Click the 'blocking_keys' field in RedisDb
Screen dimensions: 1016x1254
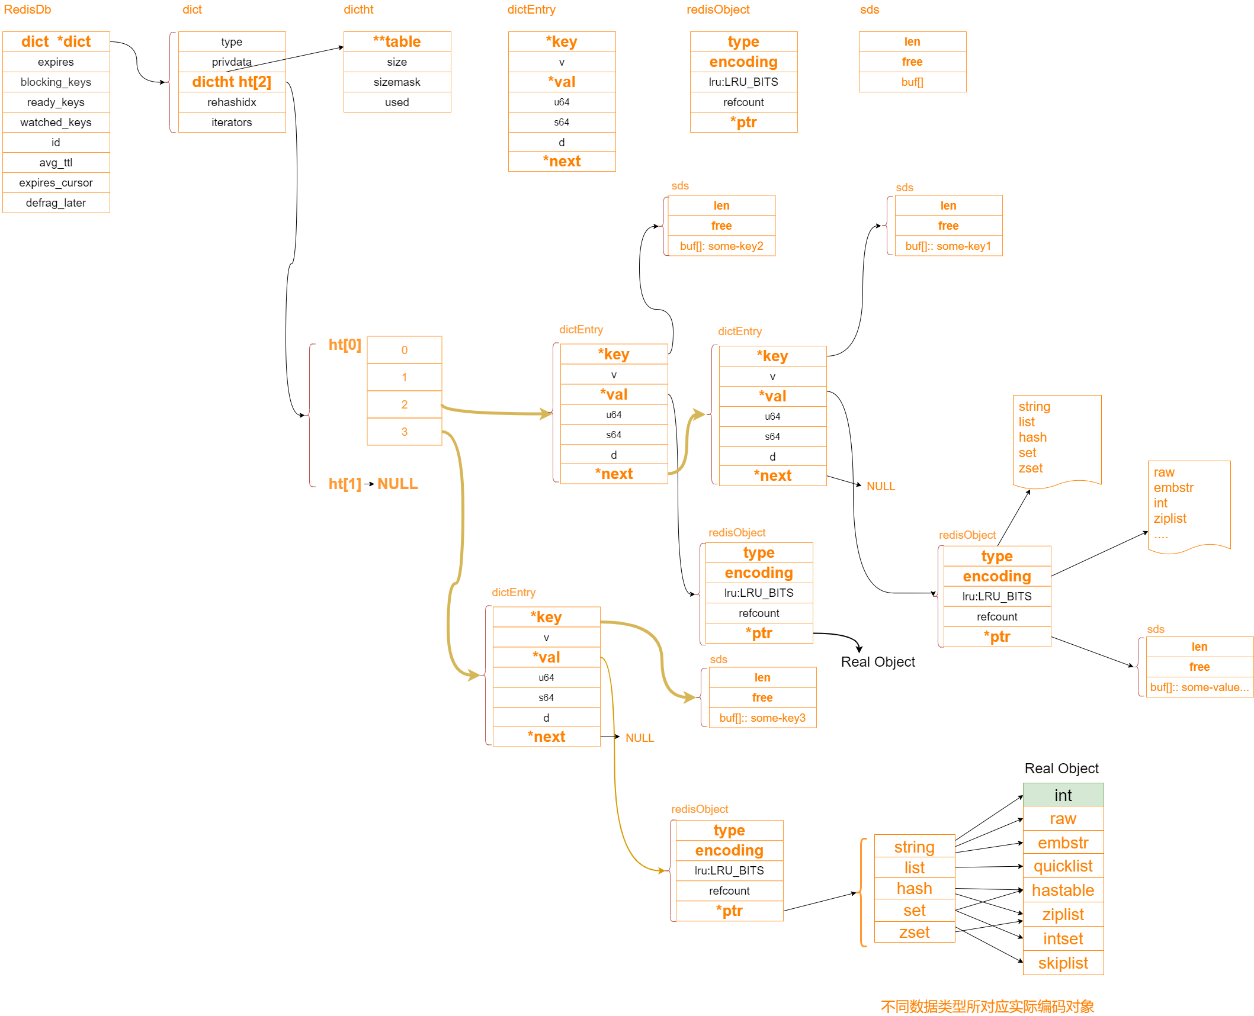(56, 82)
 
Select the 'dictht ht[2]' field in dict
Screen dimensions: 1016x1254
(232, 82)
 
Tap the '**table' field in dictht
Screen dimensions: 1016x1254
(397, 42)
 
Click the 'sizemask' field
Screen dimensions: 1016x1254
(397, 82)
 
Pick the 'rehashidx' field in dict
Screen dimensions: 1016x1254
(232, 102)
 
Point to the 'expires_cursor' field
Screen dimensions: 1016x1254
(56, 183)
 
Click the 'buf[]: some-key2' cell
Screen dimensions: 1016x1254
(721, 246)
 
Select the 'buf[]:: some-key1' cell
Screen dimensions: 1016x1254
(948, 246)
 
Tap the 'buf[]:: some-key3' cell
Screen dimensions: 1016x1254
(762, 718)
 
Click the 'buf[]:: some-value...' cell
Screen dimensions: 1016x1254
(1200, 687)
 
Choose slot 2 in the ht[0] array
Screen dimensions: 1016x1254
(405, 404)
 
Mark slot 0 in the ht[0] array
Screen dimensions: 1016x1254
(405, 350)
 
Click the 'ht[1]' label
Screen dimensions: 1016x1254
(345, 484)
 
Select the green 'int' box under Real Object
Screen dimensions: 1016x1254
(1063, 795)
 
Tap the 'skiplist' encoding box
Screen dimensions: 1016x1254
(1063, 963)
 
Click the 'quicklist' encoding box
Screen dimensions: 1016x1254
(1063, 866)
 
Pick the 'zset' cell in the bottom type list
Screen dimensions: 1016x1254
(915, 933)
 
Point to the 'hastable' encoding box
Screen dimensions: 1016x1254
(1063, 890)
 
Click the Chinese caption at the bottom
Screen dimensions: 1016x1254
(987, 1007)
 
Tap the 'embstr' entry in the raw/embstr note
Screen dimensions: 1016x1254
(1173, 488)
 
